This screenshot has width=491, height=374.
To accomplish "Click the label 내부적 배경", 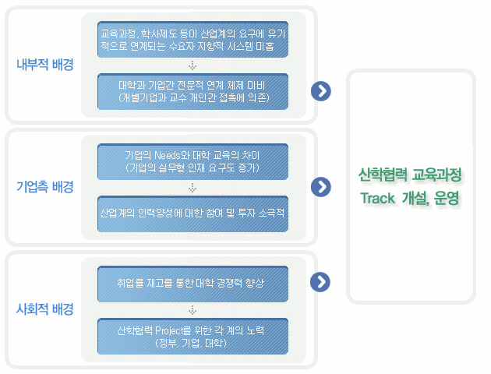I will [44, 65].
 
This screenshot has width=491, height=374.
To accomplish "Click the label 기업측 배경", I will [44, 187].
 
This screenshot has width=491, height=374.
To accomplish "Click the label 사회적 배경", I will [44, 309].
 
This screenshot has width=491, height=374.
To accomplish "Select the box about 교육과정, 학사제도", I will [192, 41].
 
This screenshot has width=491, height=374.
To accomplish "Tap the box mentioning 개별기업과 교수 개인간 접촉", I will [192, 91].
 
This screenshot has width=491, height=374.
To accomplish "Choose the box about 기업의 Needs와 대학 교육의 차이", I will [192, 162].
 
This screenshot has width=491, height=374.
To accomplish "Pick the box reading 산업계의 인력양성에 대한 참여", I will [192, 213].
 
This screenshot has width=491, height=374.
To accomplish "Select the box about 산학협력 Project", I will [192, 337].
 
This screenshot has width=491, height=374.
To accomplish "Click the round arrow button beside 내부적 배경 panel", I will [320, 91].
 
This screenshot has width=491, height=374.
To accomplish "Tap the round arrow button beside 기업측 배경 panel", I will [320, 187].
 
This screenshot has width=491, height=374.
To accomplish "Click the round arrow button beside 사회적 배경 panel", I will [320, 281].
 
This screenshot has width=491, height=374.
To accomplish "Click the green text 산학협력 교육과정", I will [411, 175].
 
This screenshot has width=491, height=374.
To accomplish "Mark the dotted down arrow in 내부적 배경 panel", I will [192, 65].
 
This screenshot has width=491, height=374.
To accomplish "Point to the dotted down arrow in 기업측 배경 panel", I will [192, 187].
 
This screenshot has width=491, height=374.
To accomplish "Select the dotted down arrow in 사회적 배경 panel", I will [192, 309].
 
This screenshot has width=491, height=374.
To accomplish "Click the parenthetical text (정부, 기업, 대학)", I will [192, 343].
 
